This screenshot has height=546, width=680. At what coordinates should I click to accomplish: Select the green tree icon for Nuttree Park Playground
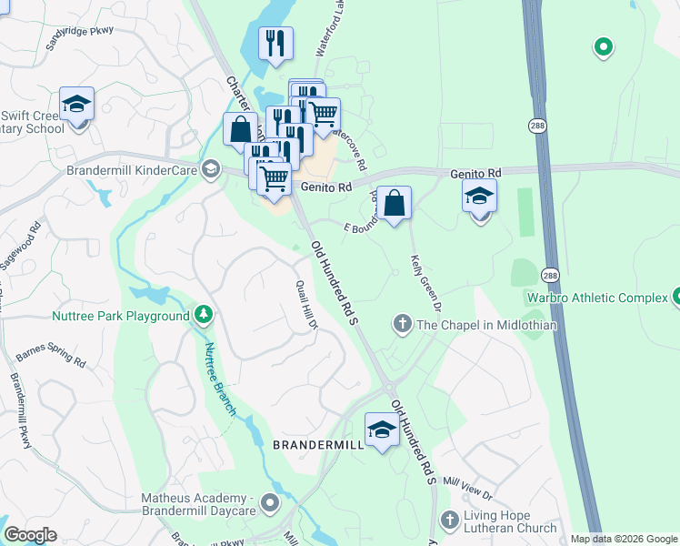205,316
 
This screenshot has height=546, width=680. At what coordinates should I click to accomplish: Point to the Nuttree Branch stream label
219,378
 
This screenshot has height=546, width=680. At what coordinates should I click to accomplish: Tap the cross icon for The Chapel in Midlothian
402,324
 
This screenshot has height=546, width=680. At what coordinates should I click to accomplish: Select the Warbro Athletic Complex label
595,298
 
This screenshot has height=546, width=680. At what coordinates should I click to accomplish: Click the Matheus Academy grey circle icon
269,502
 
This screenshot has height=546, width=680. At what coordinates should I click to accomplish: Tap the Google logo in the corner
30,535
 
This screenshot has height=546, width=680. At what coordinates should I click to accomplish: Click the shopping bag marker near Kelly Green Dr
394,204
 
